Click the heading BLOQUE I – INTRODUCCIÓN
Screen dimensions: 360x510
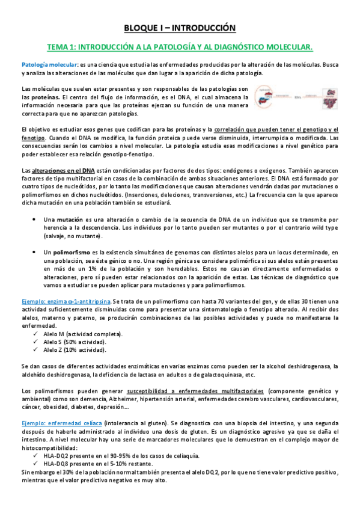(180, 28)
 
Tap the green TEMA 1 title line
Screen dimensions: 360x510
(180, 46)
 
